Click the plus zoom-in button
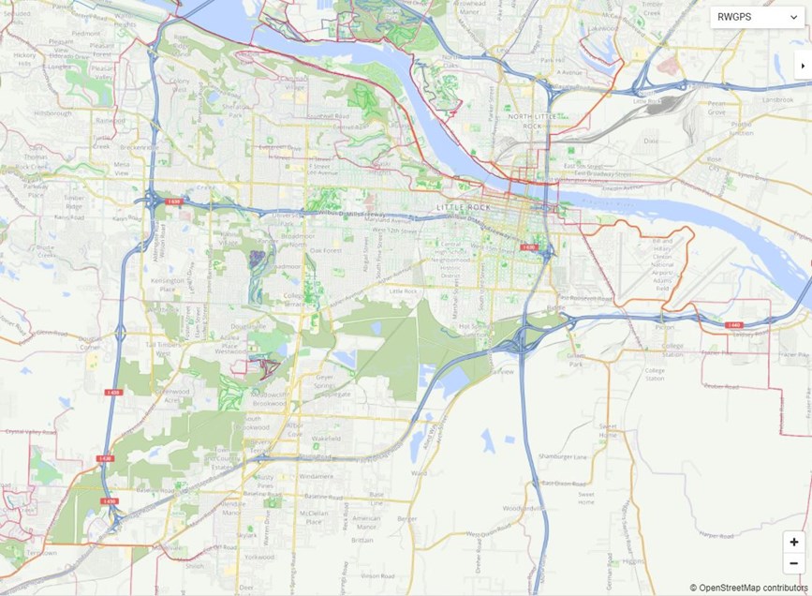(793, 542)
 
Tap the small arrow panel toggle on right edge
(803, 66)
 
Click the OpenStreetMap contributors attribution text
(748, 588)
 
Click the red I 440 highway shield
(734, 325)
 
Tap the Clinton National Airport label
(662, 261)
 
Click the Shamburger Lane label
(563, 456)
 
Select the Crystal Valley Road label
(26, 432)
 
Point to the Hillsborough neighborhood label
(52, 112)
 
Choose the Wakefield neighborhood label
(325, 438)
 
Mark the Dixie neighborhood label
(650, 141)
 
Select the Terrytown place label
(40, 553)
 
